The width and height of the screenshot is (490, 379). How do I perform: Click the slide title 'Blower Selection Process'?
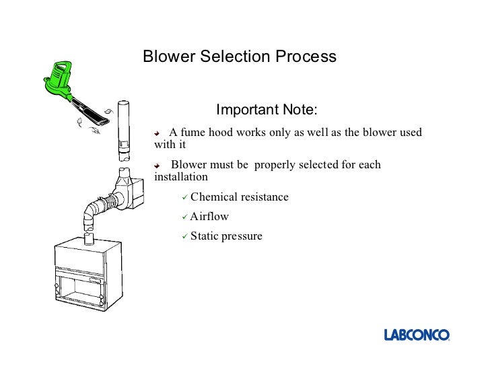click(239, 57)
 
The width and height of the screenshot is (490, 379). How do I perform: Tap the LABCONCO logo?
click(417, 335)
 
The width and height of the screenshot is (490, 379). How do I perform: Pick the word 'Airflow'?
click(209, 217)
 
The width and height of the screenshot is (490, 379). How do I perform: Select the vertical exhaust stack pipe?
click(124, 131)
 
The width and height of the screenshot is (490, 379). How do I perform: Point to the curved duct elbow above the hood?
click(92, 215)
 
